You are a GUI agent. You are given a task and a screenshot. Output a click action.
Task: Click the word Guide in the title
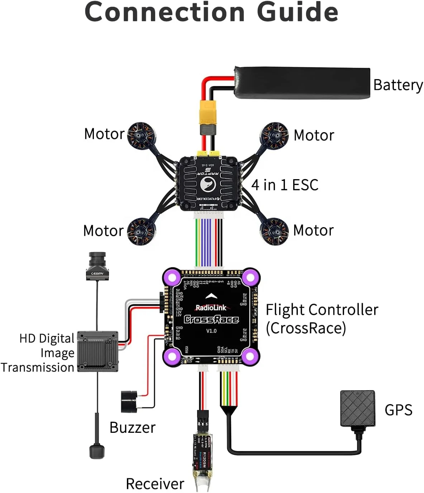(x=297, y=12)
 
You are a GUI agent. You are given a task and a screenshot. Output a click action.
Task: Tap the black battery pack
(x=302, y=82)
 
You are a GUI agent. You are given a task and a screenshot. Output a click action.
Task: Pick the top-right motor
(x=275, y=136)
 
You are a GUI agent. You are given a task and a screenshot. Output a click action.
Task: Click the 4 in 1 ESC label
(x=285, y=185)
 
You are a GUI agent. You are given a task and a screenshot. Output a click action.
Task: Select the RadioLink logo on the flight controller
(x=211, y=307)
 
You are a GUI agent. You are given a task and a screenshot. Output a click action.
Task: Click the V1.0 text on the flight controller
(x=211, y=331)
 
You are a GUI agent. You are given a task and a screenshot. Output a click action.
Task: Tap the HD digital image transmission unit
(x=97, y=351)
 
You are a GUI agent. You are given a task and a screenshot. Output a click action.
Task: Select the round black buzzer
(x=129, y=402)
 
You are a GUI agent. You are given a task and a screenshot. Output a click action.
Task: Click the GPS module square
(x=357, y=408)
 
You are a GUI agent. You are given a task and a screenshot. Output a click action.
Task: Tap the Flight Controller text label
(x=321, y=310)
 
